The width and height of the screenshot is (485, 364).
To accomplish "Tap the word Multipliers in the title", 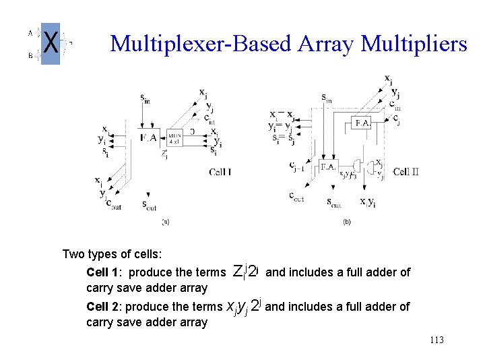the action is pyautogui.click(x=414, y=44).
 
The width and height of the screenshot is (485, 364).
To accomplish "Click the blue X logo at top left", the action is pyautogui.click(x=51, y=44).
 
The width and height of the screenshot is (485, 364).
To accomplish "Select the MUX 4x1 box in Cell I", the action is pyautogui.click(x=174, y=138).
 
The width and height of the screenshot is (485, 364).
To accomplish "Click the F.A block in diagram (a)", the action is pyautogui.click(x=148, y=138).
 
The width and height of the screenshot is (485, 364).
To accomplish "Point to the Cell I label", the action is pyautogui.click(x=220, y=172).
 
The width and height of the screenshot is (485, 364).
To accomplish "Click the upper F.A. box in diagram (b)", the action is pyautogui.click(x=362, y=123).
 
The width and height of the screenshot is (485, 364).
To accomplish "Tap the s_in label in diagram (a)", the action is pyautogui.click(x=145, y=99).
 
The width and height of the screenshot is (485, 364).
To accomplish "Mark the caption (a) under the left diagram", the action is pyautogui.click(x=166, y=220).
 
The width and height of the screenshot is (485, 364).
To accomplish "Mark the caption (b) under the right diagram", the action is pyautogui.click(x=347, y=220).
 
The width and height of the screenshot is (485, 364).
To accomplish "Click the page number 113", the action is pyautogui.click(x=436, y=340).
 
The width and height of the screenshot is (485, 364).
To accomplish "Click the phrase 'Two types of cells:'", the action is pyautogui.click(x=111, y=254).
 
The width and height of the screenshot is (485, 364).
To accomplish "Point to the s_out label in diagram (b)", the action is pyautogui.click(x=334, y=202).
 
